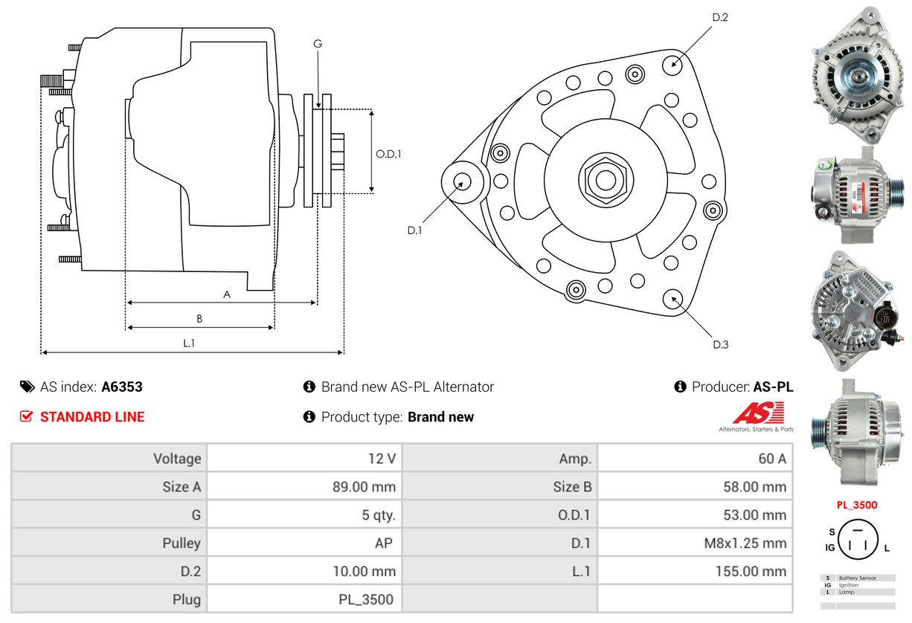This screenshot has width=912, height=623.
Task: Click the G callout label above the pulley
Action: pyautogui.click(x=318, y=44)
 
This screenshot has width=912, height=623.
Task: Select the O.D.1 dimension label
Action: pyautogui.click(x=388, y=155)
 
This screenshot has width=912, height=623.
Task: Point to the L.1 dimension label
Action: pyautogui.click(x=189, y=343)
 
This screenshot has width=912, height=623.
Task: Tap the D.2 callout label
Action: pyautogui.click(x=719, y=17)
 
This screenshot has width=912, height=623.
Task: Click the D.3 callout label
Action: pyautogui.click(x=720, y=344)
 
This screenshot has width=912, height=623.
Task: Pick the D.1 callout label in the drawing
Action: pyautogui.click(x=414, y=230)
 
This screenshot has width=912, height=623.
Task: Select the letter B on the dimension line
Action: pyautogui.click(x=199, y=319)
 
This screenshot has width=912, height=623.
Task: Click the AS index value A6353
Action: pyautogui.click(x=122, y=387)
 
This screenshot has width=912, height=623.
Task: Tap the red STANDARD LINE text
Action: pyautogui.click(x=92, y=417)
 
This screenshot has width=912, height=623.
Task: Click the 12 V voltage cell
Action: pyautogui.click(x=382, y=459)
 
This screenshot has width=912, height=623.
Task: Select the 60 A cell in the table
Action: pyautogui.click(x=771, y=459)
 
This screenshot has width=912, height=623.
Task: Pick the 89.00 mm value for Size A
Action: pyautogui.click(x=364, y=488)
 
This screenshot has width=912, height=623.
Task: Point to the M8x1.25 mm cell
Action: pyautogui.click(x=745, y=543)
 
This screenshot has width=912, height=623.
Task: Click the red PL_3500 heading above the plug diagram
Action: pyautogui.click(x=857, y=505)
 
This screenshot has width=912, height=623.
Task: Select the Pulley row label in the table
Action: pyautogui.click(x=182, y=543)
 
